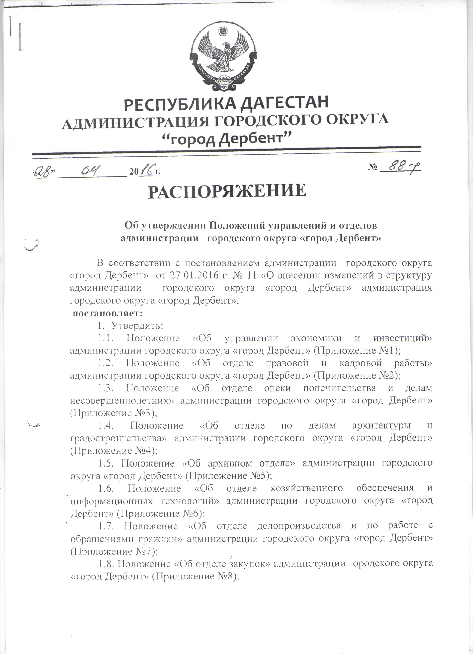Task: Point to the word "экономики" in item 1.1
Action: [316, 338]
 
